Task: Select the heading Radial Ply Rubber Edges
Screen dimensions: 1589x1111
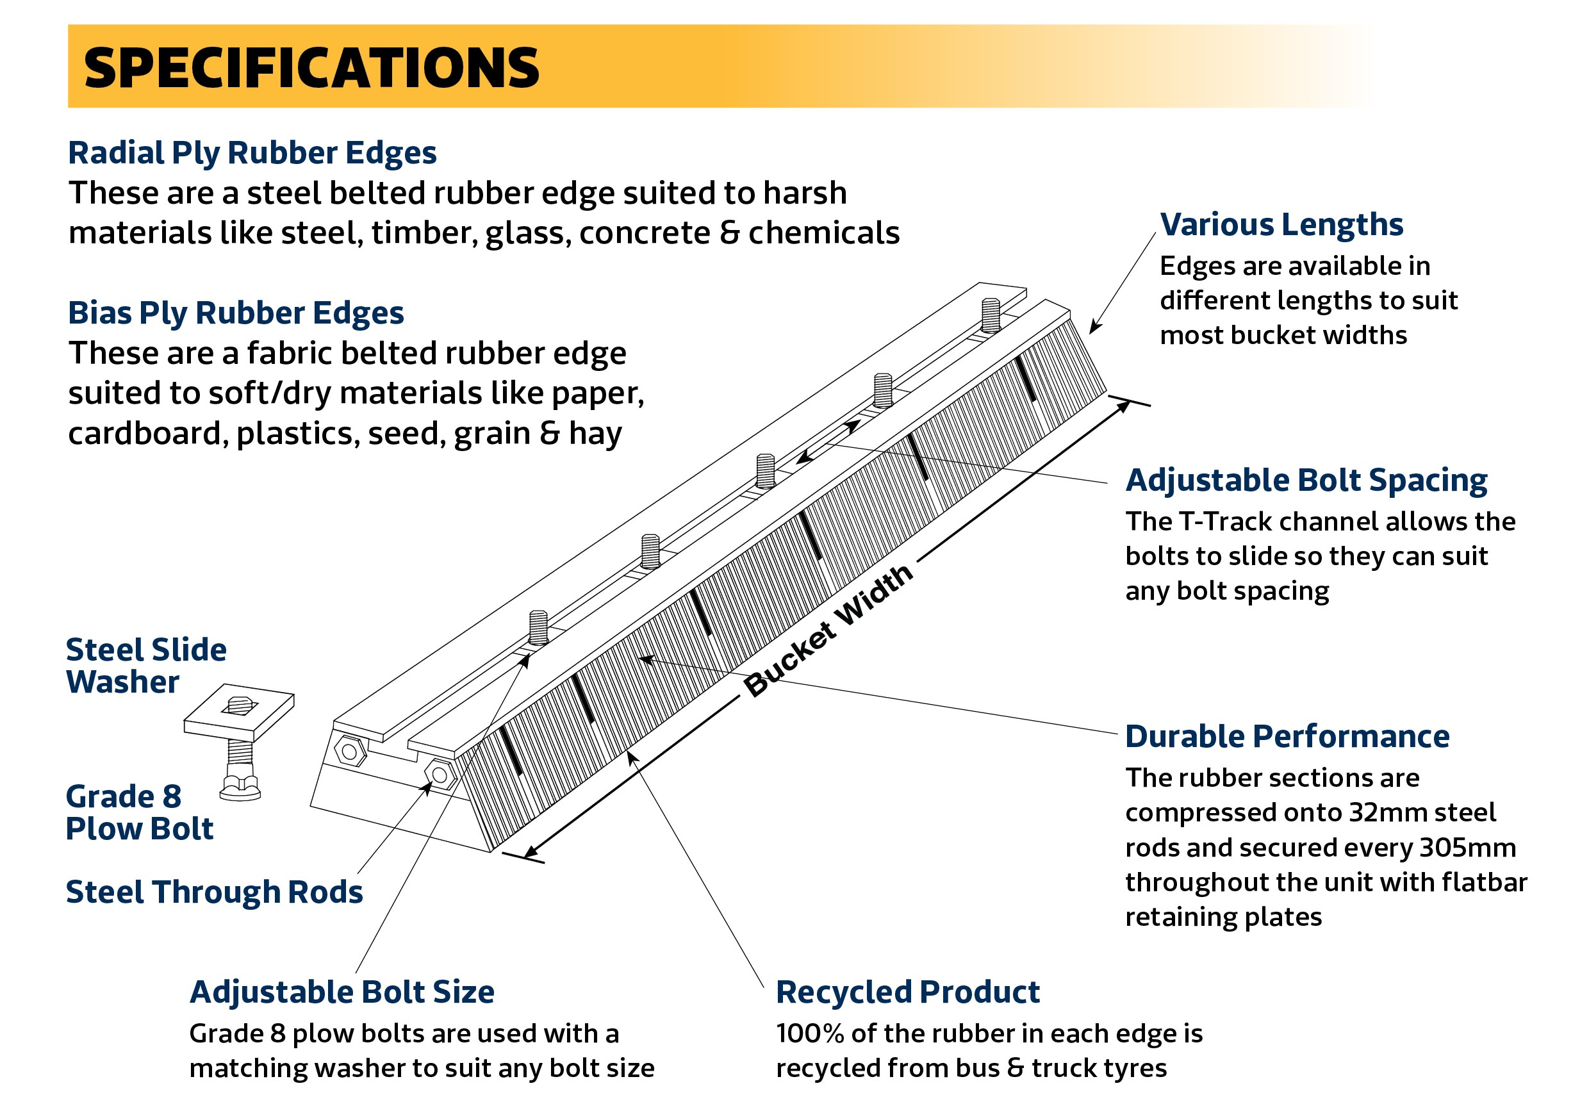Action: tap(252, 154)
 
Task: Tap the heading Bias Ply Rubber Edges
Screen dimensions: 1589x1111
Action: tap(236, 313)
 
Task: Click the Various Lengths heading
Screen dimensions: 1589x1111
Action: tap(1281, 225)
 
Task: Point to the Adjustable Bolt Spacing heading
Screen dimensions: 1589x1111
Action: tap(1306, 481)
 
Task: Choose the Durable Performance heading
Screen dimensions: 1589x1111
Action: tap(1287, 737)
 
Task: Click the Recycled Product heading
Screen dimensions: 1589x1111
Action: tap(908, 992)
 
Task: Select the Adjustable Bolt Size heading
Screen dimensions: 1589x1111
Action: tap(342, 992)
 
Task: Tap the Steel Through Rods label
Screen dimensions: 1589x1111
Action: tap(215, 893)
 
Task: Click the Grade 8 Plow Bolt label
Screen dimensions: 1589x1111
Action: tap(140, 812)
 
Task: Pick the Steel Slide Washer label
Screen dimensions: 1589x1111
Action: tap(146, 666)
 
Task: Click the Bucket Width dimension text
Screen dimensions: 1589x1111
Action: tap(828, 630)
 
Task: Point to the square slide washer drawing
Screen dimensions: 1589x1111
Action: tap(239, 712)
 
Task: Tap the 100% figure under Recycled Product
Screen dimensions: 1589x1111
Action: tap(810, 1033)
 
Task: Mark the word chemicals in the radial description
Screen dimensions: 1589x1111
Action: tap(824, 233)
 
